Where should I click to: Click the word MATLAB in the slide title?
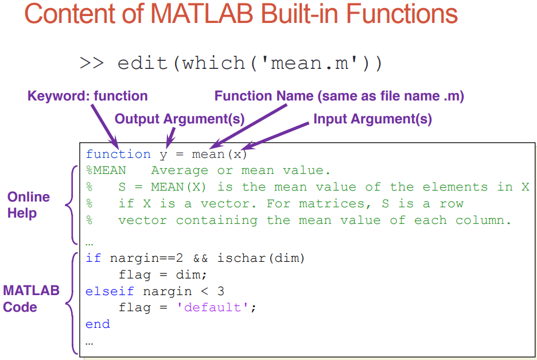(202, 14)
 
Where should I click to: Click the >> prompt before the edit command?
(91, 63)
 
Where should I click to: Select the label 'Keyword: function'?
(87, 96)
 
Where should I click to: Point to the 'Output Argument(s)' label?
(180, 119)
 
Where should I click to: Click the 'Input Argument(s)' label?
(372, 119)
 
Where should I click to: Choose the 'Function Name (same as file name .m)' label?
(339, 96)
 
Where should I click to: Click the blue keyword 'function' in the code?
(118, 154)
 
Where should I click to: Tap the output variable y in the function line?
(164, 156)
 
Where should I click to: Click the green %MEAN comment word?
(106, 171)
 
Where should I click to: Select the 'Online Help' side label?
(29, 205)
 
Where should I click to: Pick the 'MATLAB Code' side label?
(31, 299)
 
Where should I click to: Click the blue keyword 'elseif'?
(110, 292)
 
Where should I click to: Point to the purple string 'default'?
(212, 307)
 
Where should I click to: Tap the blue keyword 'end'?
(98, 324)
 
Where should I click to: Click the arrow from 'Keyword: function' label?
(105, 126)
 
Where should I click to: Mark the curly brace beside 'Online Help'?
(71, 205)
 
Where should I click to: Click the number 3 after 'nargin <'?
(220, 292)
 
